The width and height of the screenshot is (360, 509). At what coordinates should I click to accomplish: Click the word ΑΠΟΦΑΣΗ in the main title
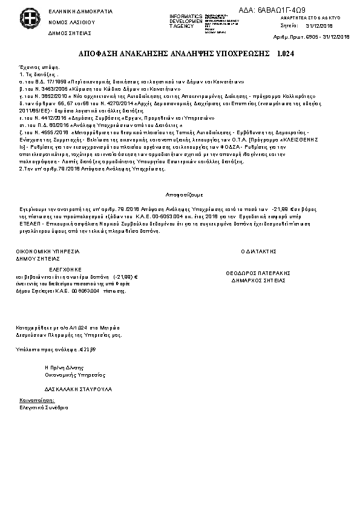click(x=99, y=54)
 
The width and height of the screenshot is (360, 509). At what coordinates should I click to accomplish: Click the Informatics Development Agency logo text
click(x=186, y=19)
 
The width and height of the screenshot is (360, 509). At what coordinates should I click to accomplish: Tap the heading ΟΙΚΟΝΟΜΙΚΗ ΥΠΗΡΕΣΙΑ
click(x=47, y=250)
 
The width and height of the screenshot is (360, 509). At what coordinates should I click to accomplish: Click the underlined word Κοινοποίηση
click(x=36, y=400)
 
